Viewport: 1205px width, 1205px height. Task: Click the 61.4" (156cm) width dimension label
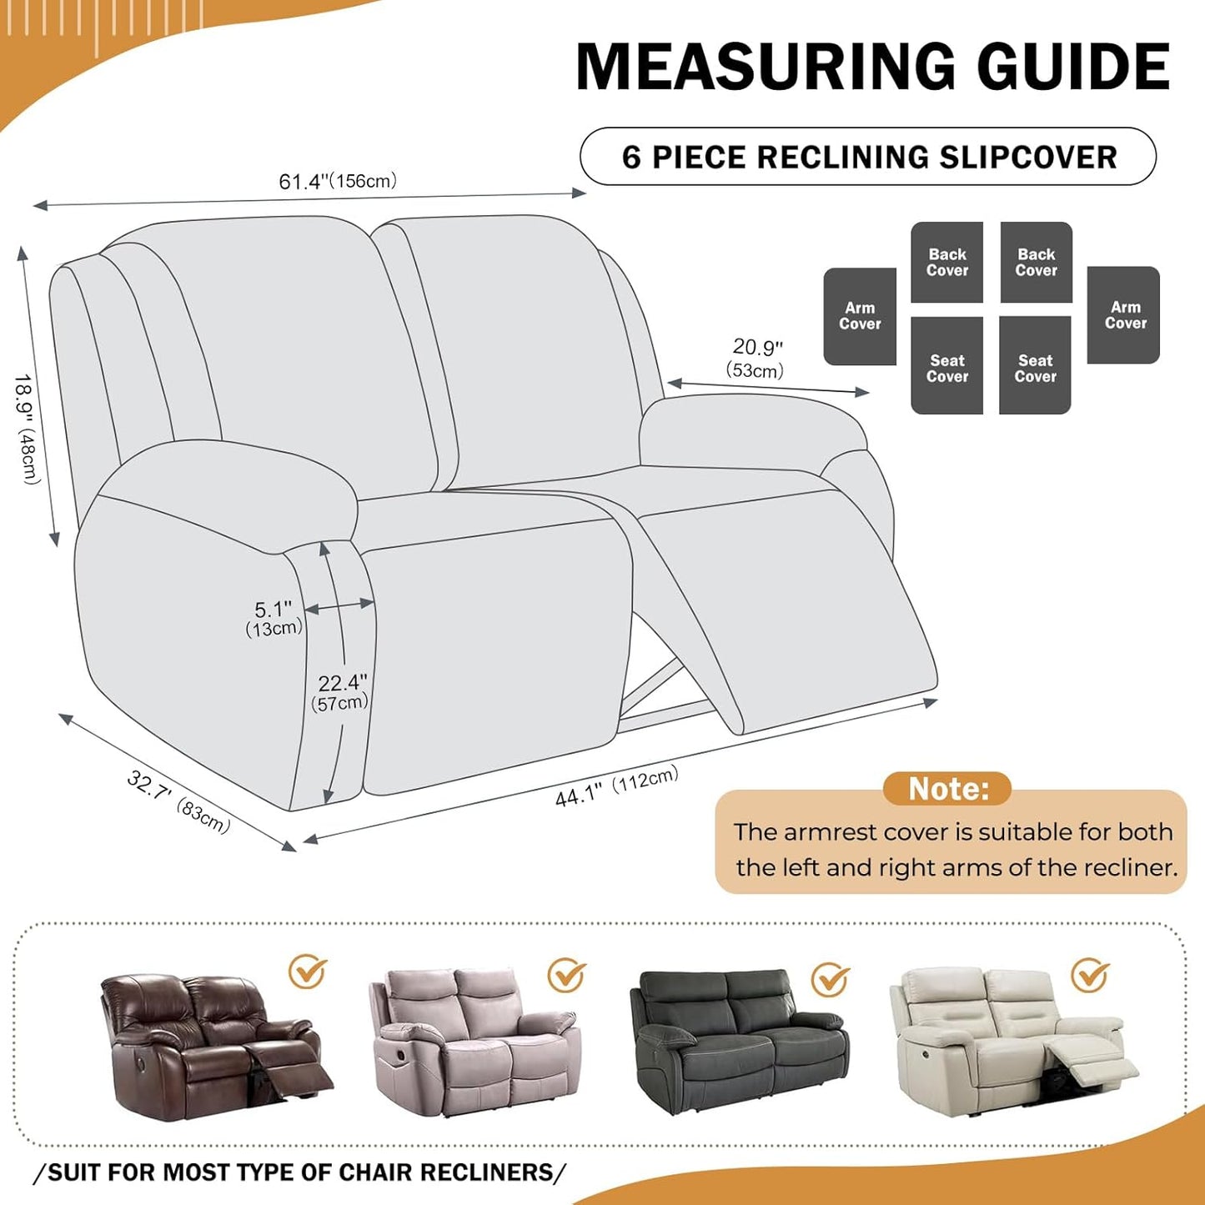[x=338, y=181]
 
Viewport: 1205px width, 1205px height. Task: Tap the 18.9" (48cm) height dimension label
[x=27, y=429]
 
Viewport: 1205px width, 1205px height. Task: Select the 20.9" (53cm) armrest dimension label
[x=756, y=358]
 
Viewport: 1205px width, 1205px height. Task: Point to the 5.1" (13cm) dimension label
[x=274, y=618]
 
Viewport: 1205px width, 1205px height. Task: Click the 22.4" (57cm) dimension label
[x=340, y=692]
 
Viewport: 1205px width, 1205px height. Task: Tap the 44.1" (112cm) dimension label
[x=616, y=786]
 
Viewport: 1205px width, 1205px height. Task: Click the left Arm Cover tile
[x=860, y=316]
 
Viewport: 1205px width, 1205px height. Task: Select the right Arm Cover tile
[x=1123, y=315]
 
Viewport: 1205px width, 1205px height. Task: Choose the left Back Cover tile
[x=946, y=262]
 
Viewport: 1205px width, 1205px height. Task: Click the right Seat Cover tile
[x=1035, y=365]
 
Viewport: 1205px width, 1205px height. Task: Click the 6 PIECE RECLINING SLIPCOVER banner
[x=868, y=157]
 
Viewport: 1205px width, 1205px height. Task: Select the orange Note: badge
[x=947, y=788]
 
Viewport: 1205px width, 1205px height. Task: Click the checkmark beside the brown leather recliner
[x=308, y=971]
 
